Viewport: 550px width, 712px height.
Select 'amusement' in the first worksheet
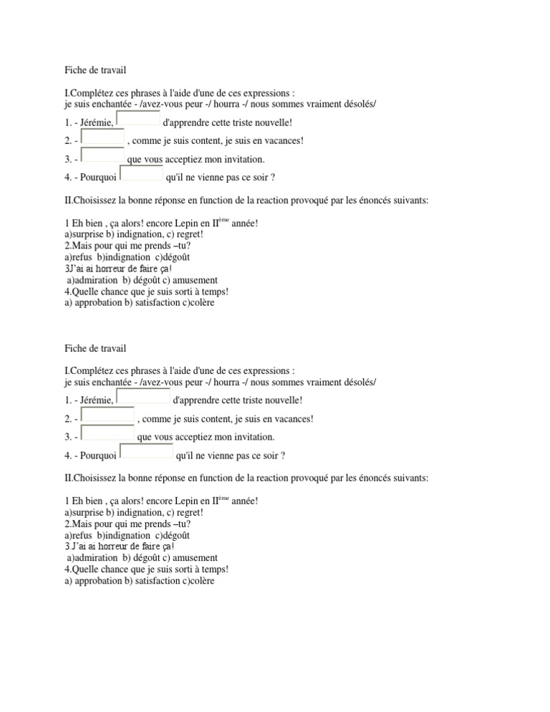point(194,280)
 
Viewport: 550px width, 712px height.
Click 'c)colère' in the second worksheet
point(194,582)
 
